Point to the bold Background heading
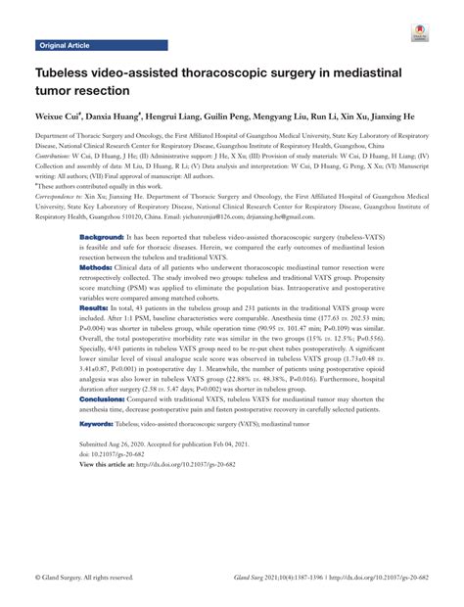[x=101, y=238]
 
